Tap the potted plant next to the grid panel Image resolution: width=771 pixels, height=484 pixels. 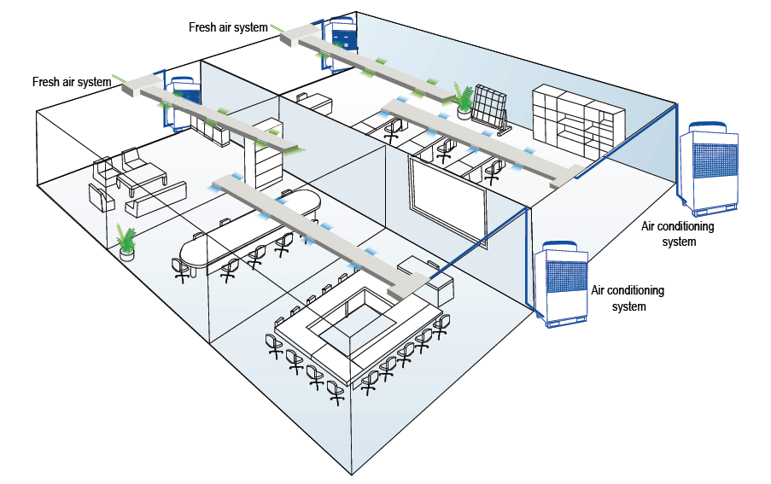(464, 100)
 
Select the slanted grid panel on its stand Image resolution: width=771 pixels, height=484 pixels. (490, 108)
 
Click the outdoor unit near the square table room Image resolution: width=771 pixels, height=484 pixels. (563, 285)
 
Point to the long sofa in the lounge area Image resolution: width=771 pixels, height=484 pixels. (155, 198)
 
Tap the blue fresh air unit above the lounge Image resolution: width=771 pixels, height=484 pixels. (184, 98)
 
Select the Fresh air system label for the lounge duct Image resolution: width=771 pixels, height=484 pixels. (72, 83)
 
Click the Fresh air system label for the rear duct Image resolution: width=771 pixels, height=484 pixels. (228, 27)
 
